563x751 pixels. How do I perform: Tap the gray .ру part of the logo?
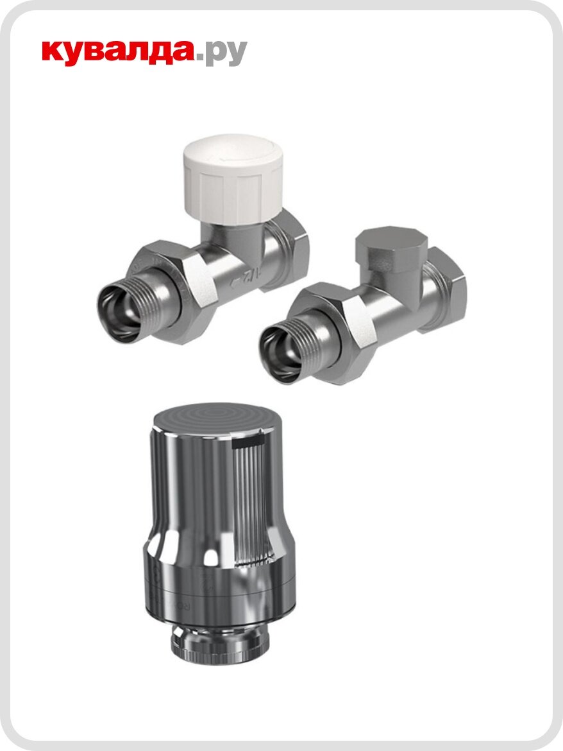point(221,53)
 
